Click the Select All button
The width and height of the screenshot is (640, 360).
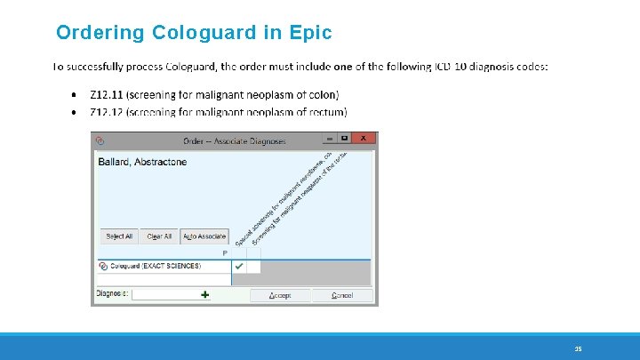(119, 236)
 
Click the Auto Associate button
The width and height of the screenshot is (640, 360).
(204, 236)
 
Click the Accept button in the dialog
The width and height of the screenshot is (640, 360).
(280, 295)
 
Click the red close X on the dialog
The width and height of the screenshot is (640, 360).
(363, 139)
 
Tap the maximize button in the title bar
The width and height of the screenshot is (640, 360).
(344, 139)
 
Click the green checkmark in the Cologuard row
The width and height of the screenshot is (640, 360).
(239, 266)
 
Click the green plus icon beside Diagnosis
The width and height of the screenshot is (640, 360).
(205, 294)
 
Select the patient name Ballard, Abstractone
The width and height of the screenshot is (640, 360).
(141, 163)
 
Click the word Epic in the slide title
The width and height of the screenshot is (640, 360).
(310, 34)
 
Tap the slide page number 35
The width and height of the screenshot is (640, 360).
(577, 348)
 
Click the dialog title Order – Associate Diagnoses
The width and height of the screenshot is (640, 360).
(235, 140)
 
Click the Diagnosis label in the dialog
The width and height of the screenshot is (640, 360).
(112, 294)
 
